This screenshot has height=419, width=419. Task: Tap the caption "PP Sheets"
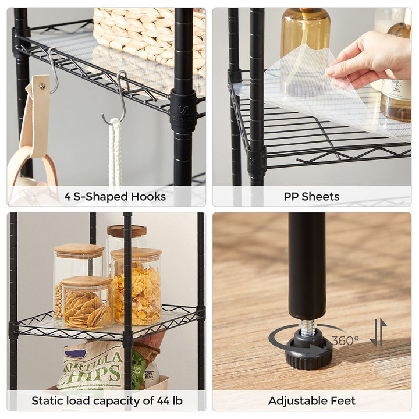[311, 197]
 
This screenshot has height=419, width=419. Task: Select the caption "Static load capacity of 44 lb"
[106, 400]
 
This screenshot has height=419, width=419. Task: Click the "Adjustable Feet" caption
[311, 400]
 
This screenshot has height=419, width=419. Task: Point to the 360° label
[345, 341]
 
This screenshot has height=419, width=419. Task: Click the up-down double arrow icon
[378, 333]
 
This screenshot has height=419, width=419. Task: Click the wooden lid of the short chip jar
[87, 282]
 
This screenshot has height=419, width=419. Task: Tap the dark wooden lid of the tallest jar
[126, 231]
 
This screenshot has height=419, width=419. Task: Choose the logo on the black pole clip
[183, 110]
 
